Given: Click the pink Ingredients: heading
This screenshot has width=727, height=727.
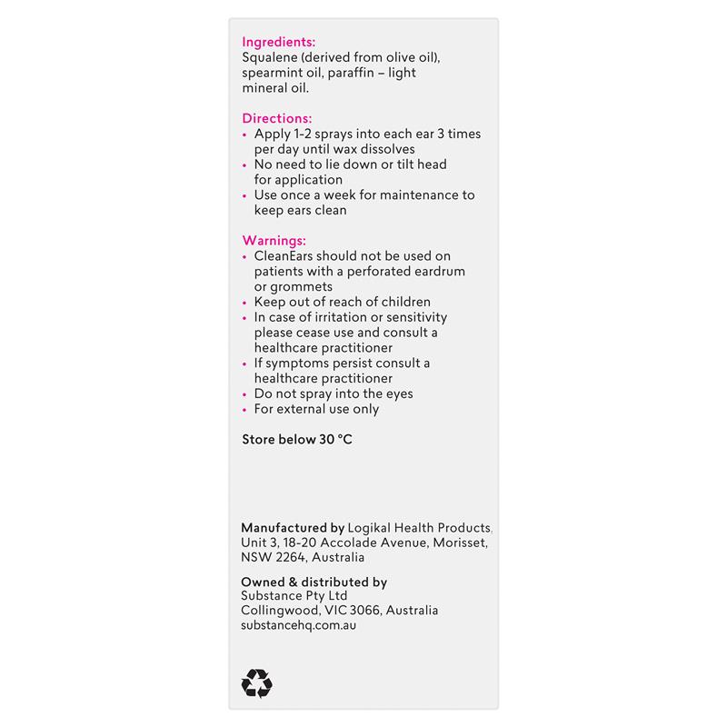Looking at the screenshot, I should click(278, 42).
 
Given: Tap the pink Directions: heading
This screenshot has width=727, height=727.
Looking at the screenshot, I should click(276, 118).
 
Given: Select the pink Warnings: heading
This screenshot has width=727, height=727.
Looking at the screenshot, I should click(274, 241).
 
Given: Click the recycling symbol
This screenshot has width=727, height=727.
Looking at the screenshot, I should click(257, 683).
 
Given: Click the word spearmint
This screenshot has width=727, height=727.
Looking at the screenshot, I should click(272, 73).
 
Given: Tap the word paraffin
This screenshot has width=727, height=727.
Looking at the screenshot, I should click(356, 73).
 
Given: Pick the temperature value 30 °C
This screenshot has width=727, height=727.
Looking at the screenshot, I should click(333, 439).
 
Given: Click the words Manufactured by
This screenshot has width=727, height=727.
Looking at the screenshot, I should click(293, 527).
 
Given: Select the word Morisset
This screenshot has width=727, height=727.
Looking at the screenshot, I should click(456, 543).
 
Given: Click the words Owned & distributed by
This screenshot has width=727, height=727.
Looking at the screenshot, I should click(314, 582).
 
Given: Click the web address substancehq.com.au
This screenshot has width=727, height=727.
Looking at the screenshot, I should click(299, 626).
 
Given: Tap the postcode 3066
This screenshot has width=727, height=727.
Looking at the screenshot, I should click(356, 611).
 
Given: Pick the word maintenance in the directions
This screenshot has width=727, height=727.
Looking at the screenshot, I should click(408, 194).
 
